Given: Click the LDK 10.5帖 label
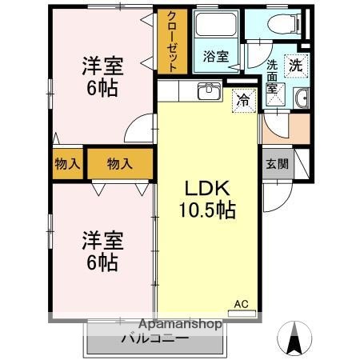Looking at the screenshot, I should pyautogui.click(x=210, y=199).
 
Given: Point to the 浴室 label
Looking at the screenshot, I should pyautogui.click(x=215, y=56).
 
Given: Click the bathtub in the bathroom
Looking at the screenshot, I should pyautogui.click(x=215, y=28).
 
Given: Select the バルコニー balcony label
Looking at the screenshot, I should pyautogui.click(x=154, y=338).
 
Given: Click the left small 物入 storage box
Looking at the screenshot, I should pyautogui.click(x=67, y=164).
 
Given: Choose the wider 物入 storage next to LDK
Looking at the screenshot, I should pyautogui.click(x=119, y=164).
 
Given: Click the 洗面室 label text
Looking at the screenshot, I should pyautogui.click(x=272, y=75).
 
